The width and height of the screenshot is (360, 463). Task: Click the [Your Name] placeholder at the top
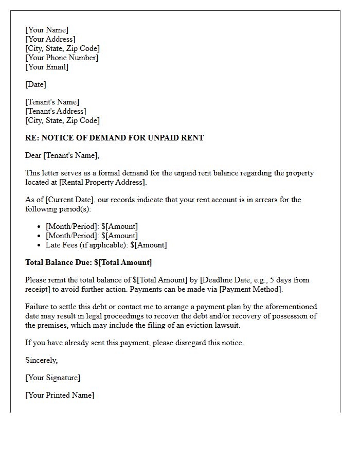(x=47, y=30)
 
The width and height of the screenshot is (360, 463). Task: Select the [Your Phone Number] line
(x=62, y=58)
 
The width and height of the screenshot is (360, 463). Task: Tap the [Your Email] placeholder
(x=47, y=67)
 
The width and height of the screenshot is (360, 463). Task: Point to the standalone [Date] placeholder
(x=35, y=84)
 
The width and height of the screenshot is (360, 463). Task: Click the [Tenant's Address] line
(x=56, y=111)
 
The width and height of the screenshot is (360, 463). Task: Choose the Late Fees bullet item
(x=106, y=245)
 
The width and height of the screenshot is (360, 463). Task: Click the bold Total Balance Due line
(x=88, y=262)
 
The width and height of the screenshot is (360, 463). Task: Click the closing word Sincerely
(x=41, y=360)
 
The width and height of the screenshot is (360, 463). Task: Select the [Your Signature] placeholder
(x=52, y=378)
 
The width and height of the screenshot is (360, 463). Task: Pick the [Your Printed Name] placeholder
(x=60, y=395)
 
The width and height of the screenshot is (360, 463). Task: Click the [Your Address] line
(x=50, y=39)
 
